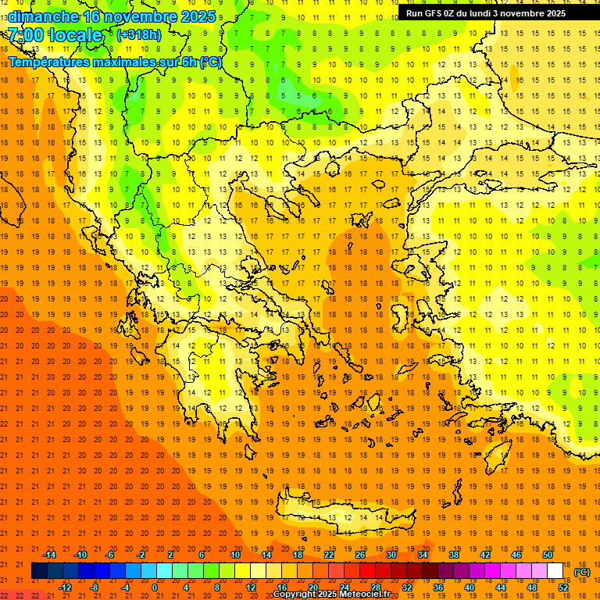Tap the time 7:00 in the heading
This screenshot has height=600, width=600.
[x=27, y=35]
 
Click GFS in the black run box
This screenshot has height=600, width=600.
[x=433, y=13]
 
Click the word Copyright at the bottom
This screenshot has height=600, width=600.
[x=297, y=595]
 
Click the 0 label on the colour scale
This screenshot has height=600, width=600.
[x=155, y=587]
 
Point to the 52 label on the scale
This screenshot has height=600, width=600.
[x=563, y=587]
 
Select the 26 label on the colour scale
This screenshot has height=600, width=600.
[x=360, y=555]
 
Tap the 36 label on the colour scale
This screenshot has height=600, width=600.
[x=437, y=587]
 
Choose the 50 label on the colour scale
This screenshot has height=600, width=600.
[x=548, y=555]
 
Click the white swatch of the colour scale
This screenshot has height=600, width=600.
[x=555, y=571]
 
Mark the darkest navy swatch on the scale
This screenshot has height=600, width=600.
[x=39, y=571]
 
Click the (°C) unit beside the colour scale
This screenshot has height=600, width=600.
[x=582, y=572]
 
